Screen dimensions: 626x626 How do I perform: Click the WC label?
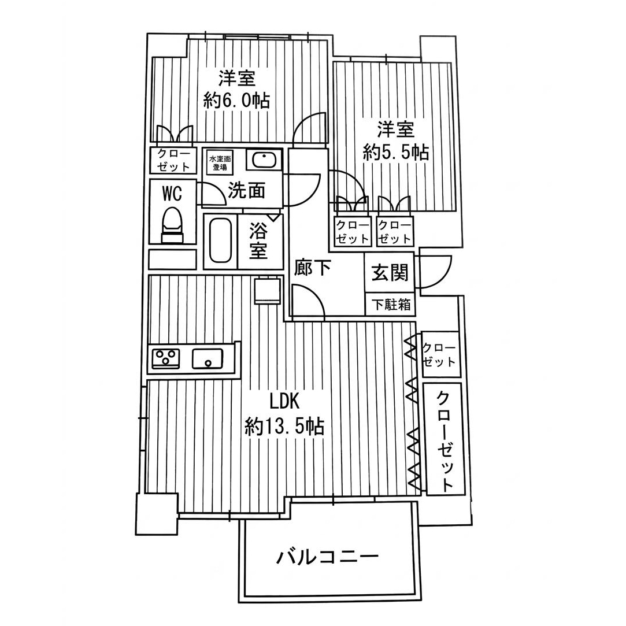pyautogui.click(x=172, y=192)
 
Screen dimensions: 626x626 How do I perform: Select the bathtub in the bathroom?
pyautogui.click(x=220, y=240)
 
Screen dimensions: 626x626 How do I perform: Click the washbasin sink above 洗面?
pyautogui.click(x=262, y=159)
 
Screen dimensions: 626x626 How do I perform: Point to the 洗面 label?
pyautogui.click(x=246, y=190)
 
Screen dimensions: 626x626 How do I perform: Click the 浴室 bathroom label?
pyautogui.click(x=258, y=242)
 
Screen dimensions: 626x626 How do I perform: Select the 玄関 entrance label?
pyautogui.click(x=390, y=272)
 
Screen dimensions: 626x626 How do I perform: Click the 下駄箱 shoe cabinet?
pyautogui.click(x=390, y=305)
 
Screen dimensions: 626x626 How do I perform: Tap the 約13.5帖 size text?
pyautogui.click(x=283, y=427)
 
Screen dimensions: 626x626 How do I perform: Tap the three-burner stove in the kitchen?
pyautogui.click(x=166, y=358)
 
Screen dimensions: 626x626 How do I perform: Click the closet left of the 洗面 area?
pyautogui.click(x=172, y=161)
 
